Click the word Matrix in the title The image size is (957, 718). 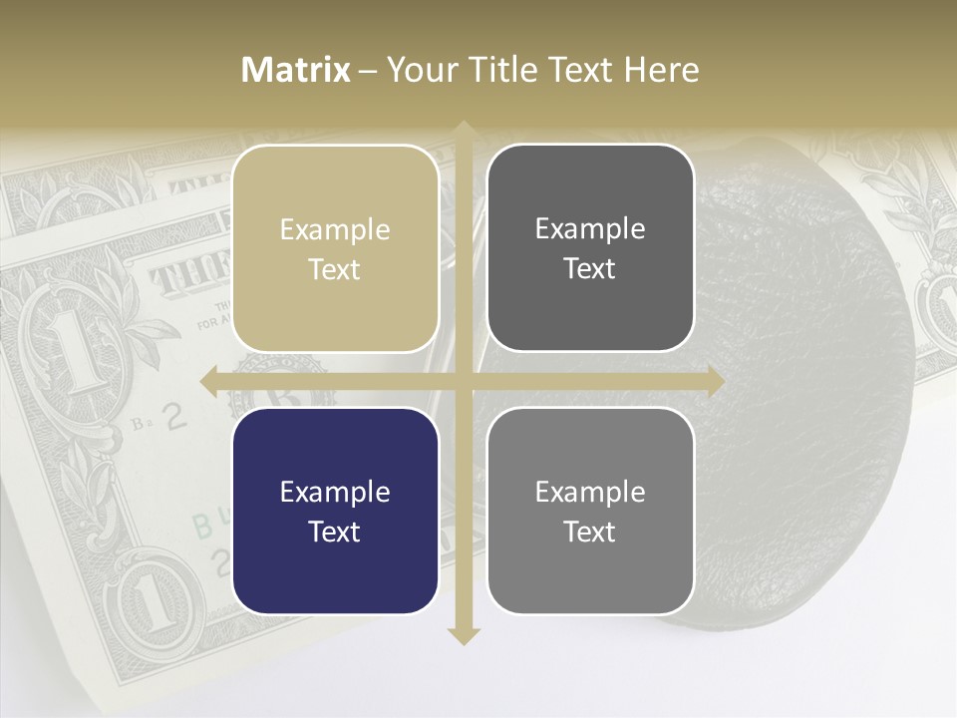pyautogui.click(x=296, y=70)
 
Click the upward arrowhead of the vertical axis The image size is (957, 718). pyautogui.click(x=463, y=130)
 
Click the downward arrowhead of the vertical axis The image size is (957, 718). pyautogui.click(x=463, y=635)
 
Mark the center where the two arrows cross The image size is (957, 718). pyautogui.click(x=463, y=382)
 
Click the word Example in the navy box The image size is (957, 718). pyautogui.click(x=335, y=492)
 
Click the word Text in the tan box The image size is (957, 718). pyautogui.click(x=335, y=269)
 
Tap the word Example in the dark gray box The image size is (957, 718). pyautogui.click(x=590, y=229)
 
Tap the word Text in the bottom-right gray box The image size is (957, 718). pyautogui.click(x=590, y=532)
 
